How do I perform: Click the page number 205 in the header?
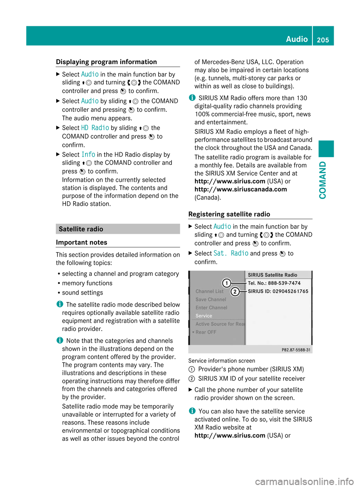tap(323, 40)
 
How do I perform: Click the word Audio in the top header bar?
tap(297, 39)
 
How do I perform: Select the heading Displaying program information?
tap(106, 62)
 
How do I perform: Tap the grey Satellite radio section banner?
tap(118, 229)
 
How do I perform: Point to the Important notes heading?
tap(82, 243)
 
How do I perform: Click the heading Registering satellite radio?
tap(229, 214)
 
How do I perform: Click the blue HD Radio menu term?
tap(95, 128)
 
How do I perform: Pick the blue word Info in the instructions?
tap(88, 154)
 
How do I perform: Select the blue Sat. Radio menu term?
tap(231, 253)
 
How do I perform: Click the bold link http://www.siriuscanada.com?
tap(241, 189)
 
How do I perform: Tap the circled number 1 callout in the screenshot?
tap(226, 283)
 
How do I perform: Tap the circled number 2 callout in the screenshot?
tap(235, 291)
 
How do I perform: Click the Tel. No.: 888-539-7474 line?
tap(274, 283)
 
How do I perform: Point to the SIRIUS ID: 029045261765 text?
tap(278, 291)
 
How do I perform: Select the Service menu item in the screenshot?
tap(204, 316)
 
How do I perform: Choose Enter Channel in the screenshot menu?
tap(211, 308)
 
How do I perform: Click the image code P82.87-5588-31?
tap(296, 350)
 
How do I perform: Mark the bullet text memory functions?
tap(87, 283)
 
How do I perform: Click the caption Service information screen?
tap(222, 361)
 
